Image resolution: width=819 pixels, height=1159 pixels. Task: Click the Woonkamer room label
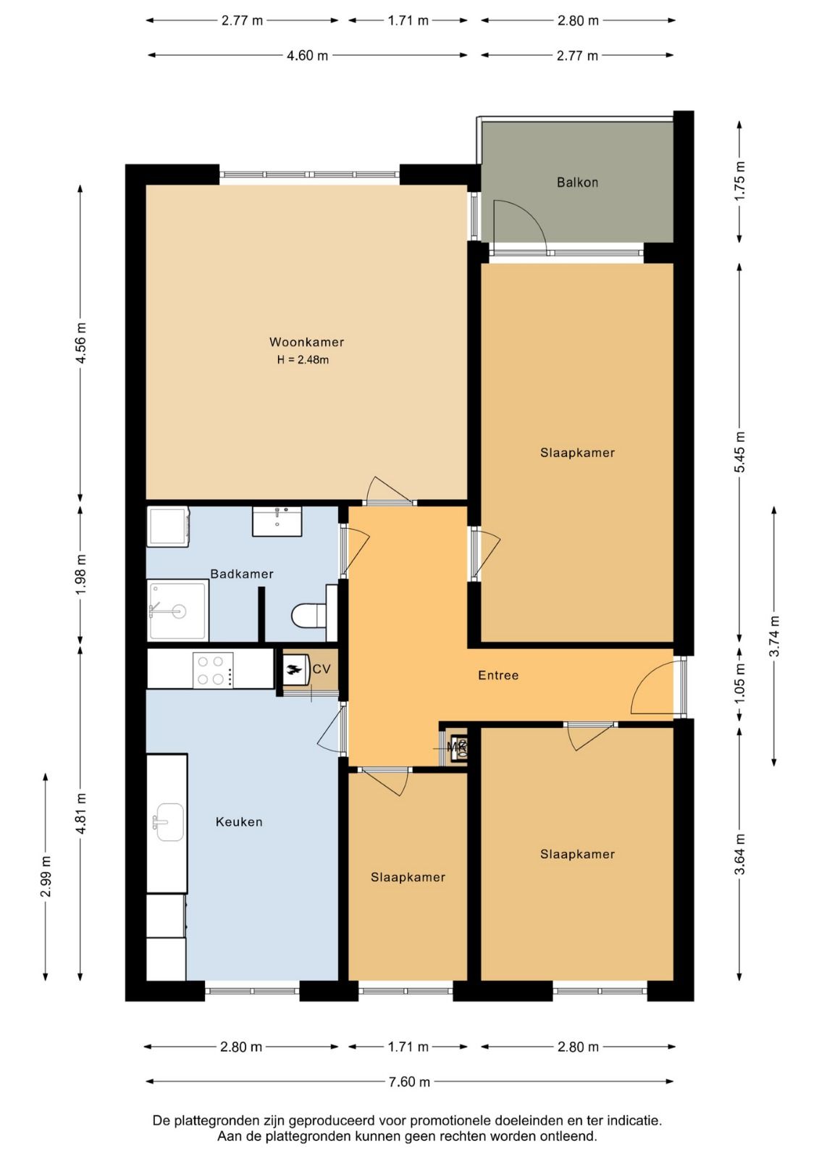(x=306, y=342)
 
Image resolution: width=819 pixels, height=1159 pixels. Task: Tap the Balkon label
(x=577, y=182)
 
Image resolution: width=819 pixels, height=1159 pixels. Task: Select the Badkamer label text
(x=242, y=574)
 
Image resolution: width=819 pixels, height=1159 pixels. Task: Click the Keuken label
(x=239, y=821)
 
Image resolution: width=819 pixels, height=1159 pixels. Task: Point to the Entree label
(x=498, y=675)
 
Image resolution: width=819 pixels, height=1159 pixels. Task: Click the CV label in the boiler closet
(x=322, y=669)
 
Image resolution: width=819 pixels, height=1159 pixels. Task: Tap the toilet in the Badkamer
(x=314, y=614)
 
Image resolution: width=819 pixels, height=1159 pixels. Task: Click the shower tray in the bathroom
(x=178, y=610)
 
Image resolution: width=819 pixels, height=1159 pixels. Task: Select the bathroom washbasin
(x=277, y=522)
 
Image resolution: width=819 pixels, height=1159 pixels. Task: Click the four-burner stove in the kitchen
(x=213, y=670)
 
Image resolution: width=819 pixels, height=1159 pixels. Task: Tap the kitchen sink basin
(x=169, y=822)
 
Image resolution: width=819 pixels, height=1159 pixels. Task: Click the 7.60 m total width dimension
(x=409, y=1081)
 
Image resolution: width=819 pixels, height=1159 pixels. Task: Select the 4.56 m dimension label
(x=80, y=343)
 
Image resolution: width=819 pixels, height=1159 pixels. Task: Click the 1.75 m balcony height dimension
(x=740, y=181)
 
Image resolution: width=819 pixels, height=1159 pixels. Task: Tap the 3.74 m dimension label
(x=774, y=635)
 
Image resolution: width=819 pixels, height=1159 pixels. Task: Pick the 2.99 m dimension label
(x=46, y=876)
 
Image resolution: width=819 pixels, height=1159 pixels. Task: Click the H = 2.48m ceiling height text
(x=303, y=359)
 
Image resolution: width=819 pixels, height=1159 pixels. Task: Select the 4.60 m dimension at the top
(x=307, y=55)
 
